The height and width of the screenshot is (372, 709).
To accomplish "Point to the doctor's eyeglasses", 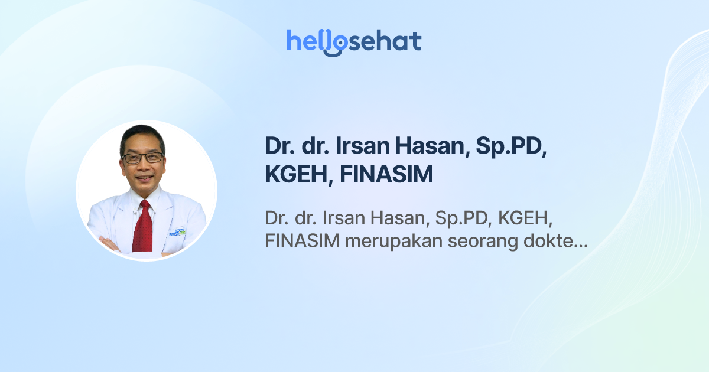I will pyautogui.click(x=142, y=158).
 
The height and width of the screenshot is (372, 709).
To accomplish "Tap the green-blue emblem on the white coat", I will pyautogui.click(x=175, y=231).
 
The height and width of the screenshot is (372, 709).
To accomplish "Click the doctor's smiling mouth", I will pyautogui.click(x=142, y=178).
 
